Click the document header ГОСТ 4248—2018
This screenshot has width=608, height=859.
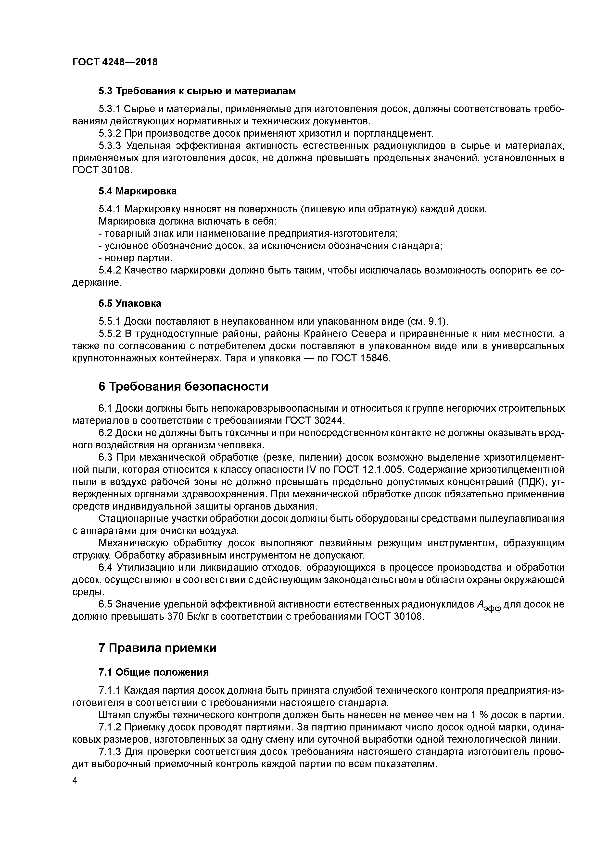[x=115, y=62]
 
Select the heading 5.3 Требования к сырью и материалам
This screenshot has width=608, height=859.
[x=197, y=91]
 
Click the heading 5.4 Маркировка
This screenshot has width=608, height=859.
[x=138, y=191]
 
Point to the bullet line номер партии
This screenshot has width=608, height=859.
[x=136, y=258]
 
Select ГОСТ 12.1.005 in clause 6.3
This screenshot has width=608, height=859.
[x=365, y=469]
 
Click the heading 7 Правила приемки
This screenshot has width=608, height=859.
[x=157, y=648]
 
